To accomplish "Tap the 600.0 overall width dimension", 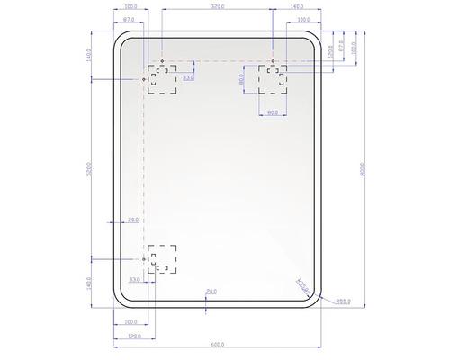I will [217, 345].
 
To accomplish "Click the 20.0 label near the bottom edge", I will [211, 291].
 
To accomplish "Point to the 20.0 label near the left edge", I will [133, 220].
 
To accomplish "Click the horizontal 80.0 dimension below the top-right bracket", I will [273, 112].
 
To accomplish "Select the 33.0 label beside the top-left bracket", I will [188, 78].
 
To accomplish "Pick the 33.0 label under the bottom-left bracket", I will [134, 280].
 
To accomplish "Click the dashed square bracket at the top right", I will [273, 78].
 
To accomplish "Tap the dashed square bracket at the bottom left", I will [163, 258].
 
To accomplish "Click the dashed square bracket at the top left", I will [163, 79].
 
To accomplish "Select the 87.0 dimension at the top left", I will [130, 19].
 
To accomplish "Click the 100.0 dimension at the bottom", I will [130, 320].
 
